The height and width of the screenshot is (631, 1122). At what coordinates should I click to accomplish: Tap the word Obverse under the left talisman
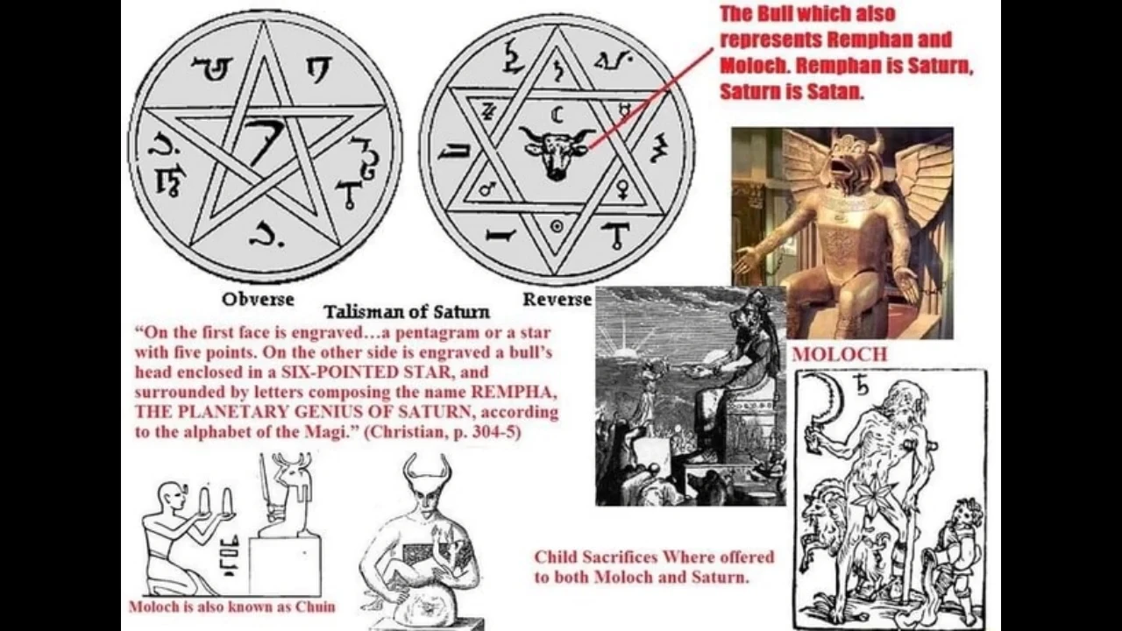click(258, 300)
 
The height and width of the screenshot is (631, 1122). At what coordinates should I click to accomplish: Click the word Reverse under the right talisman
click(557, 300)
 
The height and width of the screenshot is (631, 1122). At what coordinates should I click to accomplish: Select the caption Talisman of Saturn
click(407, 312)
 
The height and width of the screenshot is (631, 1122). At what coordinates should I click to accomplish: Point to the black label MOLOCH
click(839, 355)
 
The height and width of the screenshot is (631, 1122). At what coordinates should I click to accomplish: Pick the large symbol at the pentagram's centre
click(260, 141)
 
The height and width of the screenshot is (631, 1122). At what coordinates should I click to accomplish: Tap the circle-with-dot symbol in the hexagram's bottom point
click(555, 225)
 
